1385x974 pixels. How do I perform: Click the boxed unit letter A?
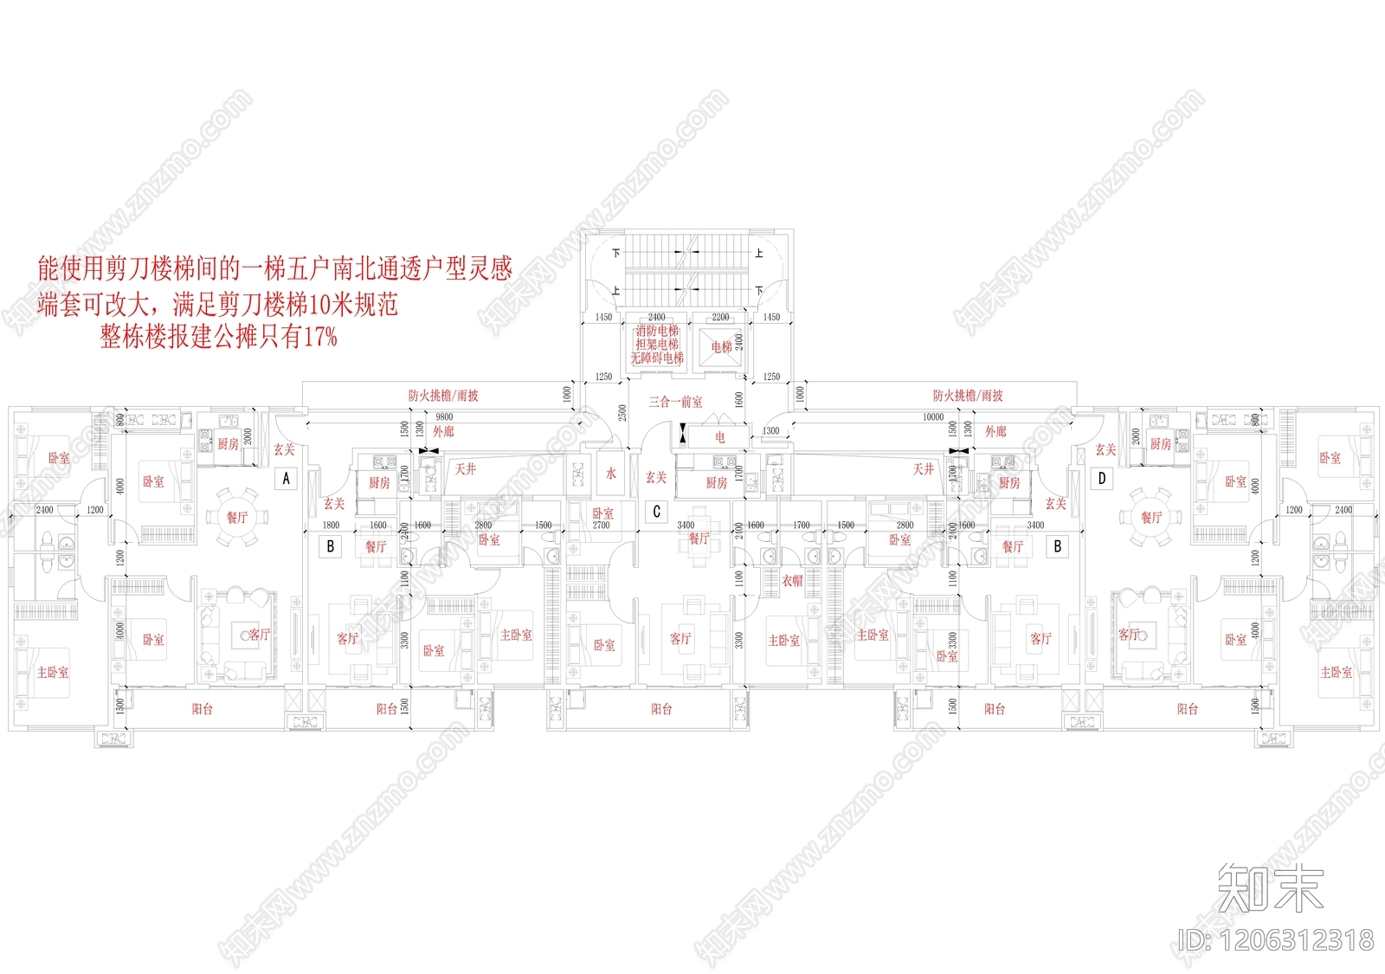[x=287, y=478]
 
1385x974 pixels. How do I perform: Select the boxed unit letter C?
[x=656, y=512]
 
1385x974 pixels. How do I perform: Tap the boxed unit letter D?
[x=1102, y=478]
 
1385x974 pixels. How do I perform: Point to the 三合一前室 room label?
[x=676, y=402]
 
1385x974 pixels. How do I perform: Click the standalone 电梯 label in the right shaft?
[x=721, y=346]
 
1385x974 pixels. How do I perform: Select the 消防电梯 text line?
[x=657, y=332]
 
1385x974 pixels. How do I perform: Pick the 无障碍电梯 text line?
[x=657, y=358]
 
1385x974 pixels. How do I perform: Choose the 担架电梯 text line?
[x=657, y=345]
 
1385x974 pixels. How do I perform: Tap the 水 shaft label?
[x=611, y=473]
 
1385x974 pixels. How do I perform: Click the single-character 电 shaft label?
[x=719, y=437]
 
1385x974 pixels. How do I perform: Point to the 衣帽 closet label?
[x=792, y=581]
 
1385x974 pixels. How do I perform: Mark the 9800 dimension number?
[x=444, y=417]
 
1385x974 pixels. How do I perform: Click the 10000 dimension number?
[x=932, y=417]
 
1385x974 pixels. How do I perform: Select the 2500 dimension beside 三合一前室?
[x=622, y=413]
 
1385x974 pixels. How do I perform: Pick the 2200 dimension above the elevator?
[x=720, y=318]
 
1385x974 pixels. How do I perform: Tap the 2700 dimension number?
[x=601, y=526]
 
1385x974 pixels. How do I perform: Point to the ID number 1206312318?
[x=1277, y=940]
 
